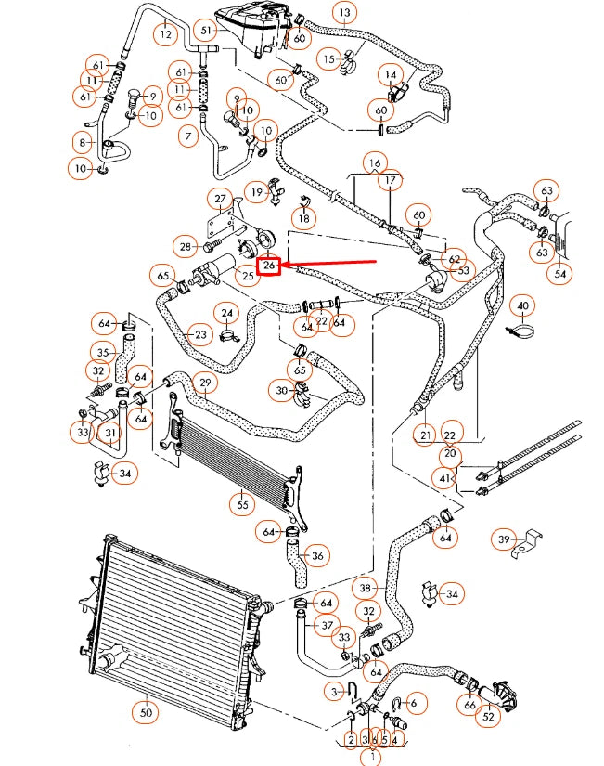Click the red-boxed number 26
pos(269,266)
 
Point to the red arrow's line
pos(334,264)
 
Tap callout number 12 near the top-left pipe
pos(166,34)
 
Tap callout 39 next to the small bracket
pos(505,539)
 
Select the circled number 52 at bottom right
pos(487,716)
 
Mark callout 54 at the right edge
pos(560,274)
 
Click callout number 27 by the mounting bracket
pos(221,200)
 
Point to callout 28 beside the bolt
pos(186,246)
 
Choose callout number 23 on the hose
pos(199,334)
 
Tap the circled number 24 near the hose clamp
pos(226,313)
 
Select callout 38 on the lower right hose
pos(366,588)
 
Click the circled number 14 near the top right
pos(391,74)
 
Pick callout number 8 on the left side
pos(83,142)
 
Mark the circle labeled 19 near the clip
pos(256,192)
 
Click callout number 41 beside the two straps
pos(447,479)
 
